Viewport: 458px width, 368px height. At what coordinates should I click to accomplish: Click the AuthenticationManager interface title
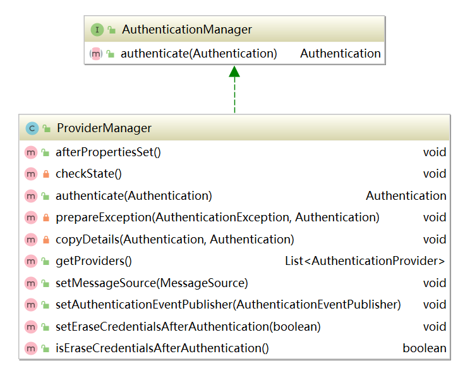tap(187, 30)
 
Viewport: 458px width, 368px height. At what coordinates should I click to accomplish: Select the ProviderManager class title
tap(104, 128)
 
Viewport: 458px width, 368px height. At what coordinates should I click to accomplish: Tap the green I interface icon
tap(97, 30)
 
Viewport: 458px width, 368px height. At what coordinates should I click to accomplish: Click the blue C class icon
tap(32, 128)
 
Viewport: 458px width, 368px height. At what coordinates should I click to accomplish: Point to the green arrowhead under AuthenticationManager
tap(234, 71)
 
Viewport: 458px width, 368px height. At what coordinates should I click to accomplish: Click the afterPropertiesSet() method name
tap(109, 152)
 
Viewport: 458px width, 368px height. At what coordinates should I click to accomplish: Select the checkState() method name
tap(88, 174)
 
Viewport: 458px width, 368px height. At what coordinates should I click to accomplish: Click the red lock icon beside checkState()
tap(45, 174)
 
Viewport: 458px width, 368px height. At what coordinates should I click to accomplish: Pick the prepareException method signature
tap(217, 218)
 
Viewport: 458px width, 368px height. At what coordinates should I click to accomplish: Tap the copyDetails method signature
tap(175, 240)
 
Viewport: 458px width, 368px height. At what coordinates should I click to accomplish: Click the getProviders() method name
tap(93, 261)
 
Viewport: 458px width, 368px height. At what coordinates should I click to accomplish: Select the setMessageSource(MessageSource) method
tap(152, 283)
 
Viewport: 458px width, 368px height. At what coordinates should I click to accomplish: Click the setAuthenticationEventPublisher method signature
tap(228, 305)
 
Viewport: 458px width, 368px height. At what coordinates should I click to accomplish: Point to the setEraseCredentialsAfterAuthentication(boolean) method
tap(188, 327)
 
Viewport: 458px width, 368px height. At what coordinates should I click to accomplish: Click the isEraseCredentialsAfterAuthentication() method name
tap(162, 348)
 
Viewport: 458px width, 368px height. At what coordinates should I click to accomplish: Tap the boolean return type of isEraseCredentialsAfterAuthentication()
tap(425, 348)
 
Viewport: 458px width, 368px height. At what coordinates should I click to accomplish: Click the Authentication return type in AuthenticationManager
tap(340, 54)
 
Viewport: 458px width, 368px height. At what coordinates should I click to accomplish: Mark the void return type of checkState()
tap(435, 174)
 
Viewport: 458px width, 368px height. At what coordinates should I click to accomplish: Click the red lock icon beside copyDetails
tap(45, 240)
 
